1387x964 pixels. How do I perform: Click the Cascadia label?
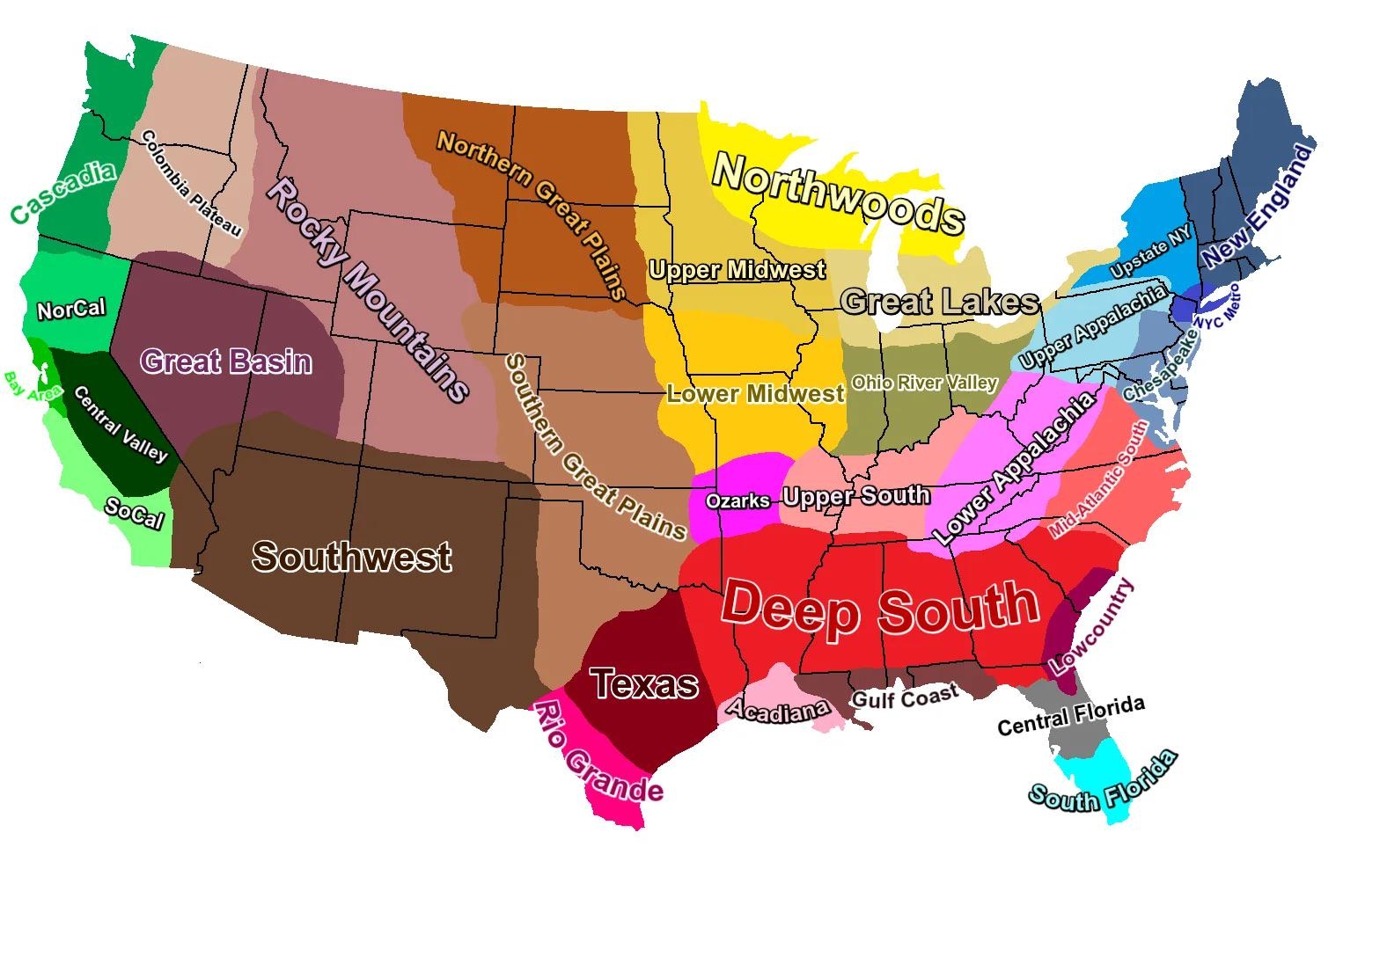tap(63, 192)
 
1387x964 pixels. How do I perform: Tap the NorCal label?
tap(71, 310)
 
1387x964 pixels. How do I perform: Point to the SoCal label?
tap(134, 512)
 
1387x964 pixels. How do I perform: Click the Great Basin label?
tap(226, 361)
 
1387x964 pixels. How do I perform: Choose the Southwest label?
tap(352, 556)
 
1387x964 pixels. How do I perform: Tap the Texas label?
tap(645, 683)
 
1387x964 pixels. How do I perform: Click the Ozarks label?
tap(738, 500)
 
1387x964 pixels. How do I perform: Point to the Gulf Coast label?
tap(905, 697)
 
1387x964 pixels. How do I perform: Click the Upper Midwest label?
tap(738, 269)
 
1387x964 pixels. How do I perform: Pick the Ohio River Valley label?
tap(924, 383)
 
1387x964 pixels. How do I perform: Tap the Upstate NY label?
tap(1151, 251)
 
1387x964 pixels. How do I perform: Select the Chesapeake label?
tap(1160, 368)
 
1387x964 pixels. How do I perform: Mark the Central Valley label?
tap(121, 424)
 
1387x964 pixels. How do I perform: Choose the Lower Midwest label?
tap(755, 393)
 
